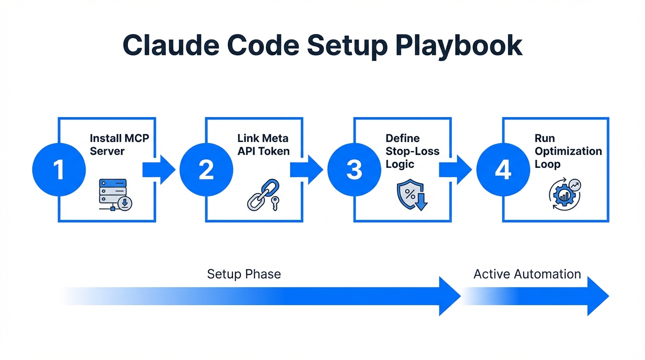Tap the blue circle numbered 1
click(59, 170)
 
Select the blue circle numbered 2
click(206, 170)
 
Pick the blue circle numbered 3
click(354, 170)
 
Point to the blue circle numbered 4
click(503, 170)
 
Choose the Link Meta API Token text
click(263, 145)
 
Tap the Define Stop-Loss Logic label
click(412, 151)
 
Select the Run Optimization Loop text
click(568, 151)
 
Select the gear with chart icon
click(564, 194)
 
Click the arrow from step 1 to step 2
click(158, 170)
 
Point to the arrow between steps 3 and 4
click(455, 170)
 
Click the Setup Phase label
click(244, 274)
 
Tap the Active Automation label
click(527, 274)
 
